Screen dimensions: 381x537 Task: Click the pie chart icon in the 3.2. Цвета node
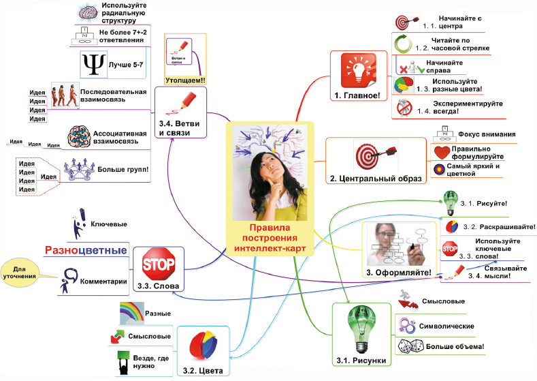(203, 345)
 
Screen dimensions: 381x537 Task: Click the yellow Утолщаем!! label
(184, 80)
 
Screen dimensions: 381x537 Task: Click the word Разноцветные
(86, 250)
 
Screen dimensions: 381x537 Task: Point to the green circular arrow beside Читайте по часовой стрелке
(404, 45)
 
